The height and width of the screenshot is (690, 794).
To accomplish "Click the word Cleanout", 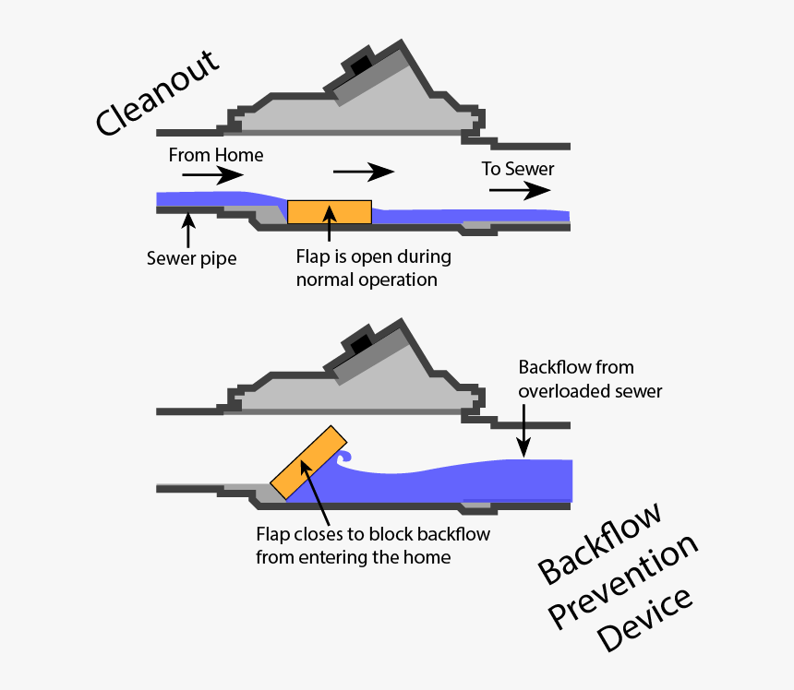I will point(158,93).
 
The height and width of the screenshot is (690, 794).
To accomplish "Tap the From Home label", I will point(215,155).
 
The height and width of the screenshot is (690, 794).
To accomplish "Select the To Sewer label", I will point(518,169).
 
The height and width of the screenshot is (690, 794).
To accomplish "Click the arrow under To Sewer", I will point(519,191).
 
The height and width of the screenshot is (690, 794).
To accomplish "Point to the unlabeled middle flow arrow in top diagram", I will point(363,172).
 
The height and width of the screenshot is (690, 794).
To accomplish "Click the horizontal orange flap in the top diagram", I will point(330,212).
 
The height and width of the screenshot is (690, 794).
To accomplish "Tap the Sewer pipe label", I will point(191,258).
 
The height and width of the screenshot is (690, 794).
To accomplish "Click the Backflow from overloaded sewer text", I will point(590,378).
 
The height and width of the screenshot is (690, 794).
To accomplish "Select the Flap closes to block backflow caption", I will point(372,545).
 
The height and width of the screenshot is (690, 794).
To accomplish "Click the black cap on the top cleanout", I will point(358,65).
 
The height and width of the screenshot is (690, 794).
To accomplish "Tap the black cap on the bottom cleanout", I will point(359,344).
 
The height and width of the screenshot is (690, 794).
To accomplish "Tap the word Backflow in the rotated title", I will point(600,544).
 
